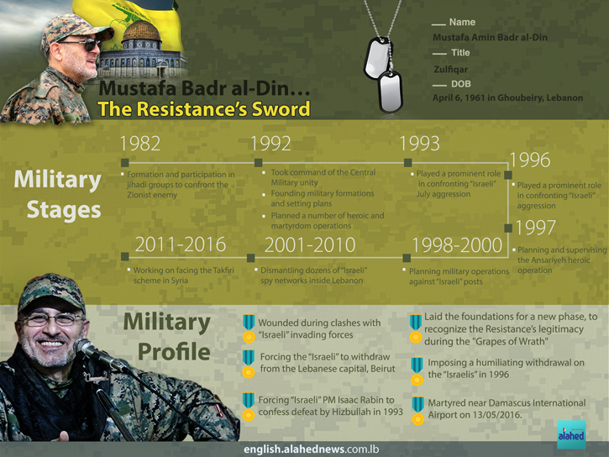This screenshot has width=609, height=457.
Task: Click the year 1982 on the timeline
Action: pos(140,144)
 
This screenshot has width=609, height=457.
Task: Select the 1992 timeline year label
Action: pos(270,144)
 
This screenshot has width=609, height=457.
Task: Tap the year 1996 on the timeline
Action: pos(530,160)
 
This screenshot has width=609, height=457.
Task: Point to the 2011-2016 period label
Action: pos(181,244)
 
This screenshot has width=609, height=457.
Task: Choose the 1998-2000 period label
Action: pos(457,245)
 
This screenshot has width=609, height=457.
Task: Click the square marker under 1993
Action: pos(407,163)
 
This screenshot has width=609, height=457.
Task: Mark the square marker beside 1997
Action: pos(508,228)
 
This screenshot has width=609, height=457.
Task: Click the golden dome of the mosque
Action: pos(141,31)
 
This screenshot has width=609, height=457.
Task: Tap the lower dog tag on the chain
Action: pos(390,92)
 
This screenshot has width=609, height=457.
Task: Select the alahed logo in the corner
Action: pos(571,434)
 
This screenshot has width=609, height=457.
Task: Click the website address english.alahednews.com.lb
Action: pos(311,449)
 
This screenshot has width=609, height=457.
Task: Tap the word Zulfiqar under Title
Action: pos(450,70)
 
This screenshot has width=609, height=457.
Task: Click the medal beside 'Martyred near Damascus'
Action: pos(418,410)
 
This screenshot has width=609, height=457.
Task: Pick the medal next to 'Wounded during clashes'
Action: pos(249,328)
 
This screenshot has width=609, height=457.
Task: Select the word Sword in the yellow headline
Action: pos(281,108)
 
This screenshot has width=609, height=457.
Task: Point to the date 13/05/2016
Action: pos(496,415)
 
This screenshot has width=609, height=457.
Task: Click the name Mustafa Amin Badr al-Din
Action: pos(491,37)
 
